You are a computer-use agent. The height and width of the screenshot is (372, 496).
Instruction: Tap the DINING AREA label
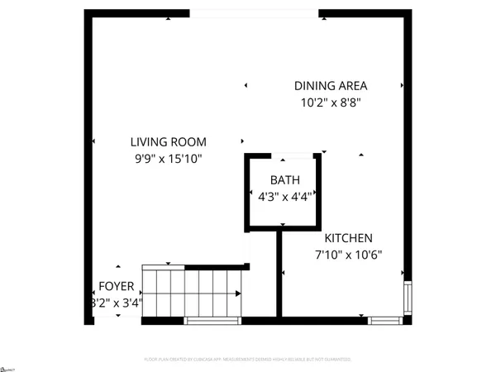tap(331, 85)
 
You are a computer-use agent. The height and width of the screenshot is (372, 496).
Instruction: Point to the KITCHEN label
tap(347, 237)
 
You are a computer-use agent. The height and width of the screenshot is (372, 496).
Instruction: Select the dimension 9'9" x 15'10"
tap(170, 158)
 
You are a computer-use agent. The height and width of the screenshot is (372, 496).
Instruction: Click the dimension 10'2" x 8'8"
tap(331, 103)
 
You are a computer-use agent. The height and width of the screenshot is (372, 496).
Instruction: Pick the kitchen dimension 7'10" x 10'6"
tap(346, 255)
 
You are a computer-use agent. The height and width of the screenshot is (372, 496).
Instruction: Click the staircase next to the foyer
tap(190, 293)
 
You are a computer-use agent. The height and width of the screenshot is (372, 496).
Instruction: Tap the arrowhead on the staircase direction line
tap(239, 293)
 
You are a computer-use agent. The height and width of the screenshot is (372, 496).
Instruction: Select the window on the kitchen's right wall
tap(407, 297)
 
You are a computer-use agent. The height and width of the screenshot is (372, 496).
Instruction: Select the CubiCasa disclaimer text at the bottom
tap(248, 360)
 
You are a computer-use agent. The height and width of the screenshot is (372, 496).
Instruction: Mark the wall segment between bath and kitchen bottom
tap(279, 273)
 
